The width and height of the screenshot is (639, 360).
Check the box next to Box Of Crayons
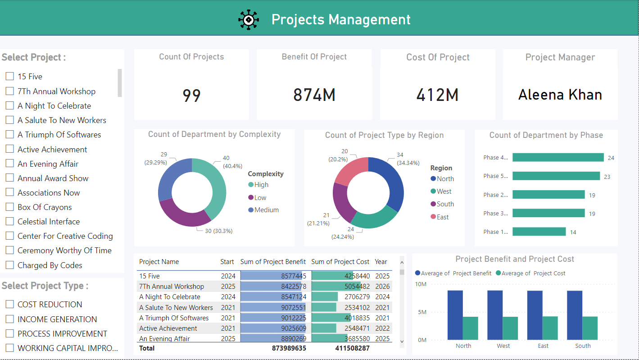click(x=9, y=207)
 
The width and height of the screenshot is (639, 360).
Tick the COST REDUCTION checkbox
click(x=9, y=305)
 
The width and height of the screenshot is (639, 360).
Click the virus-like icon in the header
click(x=249, y=19)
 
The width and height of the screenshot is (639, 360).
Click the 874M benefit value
click(x=314, y=95)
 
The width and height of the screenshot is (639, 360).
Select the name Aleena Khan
click(x=560, y=95)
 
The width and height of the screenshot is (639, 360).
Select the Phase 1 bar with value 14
click(x=539, y=232)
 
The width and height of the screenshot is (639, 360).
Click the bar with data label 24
click(x=557, y=157)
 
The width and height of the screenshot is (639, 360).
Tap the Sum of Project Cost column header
click(x=340, y=262)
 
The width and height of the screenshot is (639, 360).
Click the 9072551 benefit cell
click(x=293, y=307)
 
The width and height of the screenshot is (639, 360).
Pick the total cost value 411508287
click(x=352, y=348)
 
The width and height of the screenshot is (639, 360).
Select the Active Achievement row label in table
click(x=168, y=328)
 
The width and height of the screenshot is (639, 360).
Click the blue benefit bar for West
click(x=495, y=315)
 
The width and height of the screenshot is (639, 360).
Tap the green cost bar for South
click(x=590, y=328)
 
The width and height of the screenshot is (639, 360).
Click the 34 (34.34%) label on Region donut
click(x=408, y=159)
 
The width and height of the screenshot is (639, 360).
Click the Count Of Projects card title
click(x=191, y=57)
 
